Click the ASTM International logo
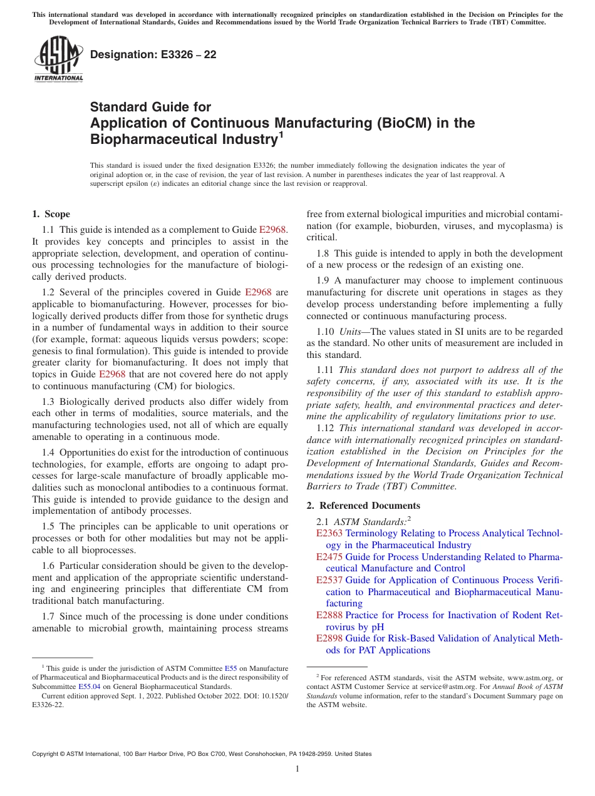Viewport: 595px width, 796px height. coord(58,59)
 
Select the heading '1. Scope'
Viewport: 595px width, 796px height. coord(51,214)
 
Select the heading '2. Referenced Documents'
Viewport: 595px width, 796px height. coord(363,506)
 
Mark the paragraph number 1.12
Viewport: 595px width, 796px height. coord(326,428)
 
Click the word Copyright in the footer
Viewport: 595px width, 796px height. coord(49,754)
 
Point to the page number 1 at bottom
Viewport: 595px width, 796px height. coord(297,769)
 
